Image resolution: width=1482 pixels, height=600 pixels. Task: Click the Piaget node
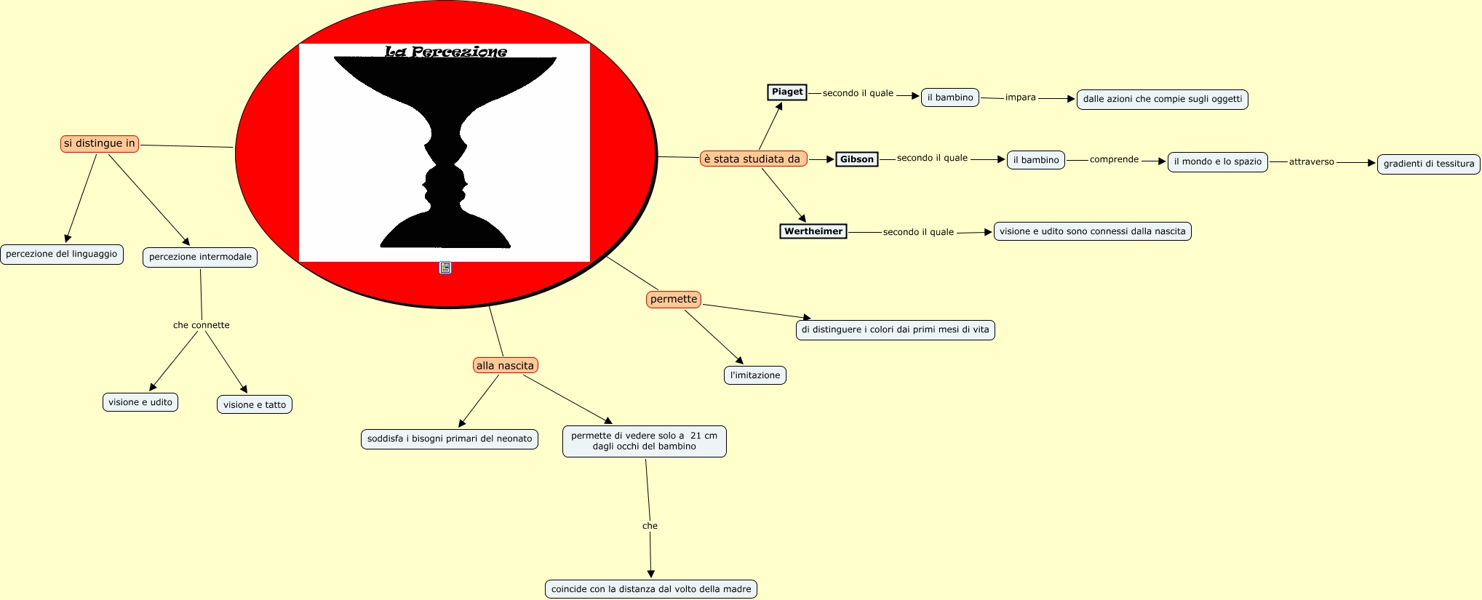click(787, 92)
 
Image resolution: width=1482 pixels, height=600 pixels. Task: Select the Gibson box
click(856, 159)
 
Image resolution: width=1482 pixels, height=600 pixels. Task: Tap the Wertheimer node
click(813, 231)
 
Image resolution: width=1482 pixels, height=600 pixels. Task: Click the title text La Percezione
click(445, 52)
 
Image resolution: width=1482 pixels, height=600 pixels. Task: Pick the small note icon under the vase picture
click(445, 268)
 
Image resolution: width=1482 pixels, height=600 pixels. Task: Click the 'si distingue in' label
click(100, 143)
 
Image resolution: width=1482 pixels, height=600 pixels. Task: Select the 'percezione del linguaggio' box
click(62, 254)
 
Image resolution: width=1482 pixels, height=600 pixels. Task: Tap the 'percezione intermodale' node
click(200, 257)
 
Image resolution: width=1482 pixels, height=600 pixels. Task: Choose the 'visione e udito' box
click(140, 402)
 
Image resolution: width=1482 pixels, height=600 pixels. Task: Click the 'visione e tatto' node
click(255, 404)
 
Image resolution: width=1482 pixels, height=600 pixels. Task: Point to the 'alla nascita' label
click(505, 365)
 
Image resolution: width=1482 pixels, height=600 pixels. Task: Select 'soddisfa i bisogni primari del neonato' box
click(450, 439)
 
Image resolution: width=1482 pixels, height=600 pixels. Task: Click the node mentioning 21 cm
click(644, 441)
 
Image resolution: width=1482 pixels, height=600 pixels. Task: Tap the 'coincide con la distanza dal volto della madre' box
click(651, 589)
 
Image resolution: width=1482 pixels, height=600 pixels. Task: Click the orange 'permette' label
click(674, 299)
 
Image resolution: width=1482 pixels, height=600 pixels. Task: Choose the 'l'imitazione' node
click(755, 375)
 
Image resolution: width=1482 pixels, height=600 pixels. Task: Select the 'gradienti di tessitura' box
click(1429, 164)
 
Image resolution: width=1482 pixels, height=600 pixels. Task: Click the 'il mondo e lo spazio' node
click(1217, 161)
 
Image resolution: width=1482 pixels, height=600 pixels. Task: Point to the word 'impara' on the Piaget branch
click(1020, 97)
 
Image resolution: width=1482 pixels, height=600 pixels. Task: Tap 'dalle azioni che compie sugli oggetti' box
click(1162, 99)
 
